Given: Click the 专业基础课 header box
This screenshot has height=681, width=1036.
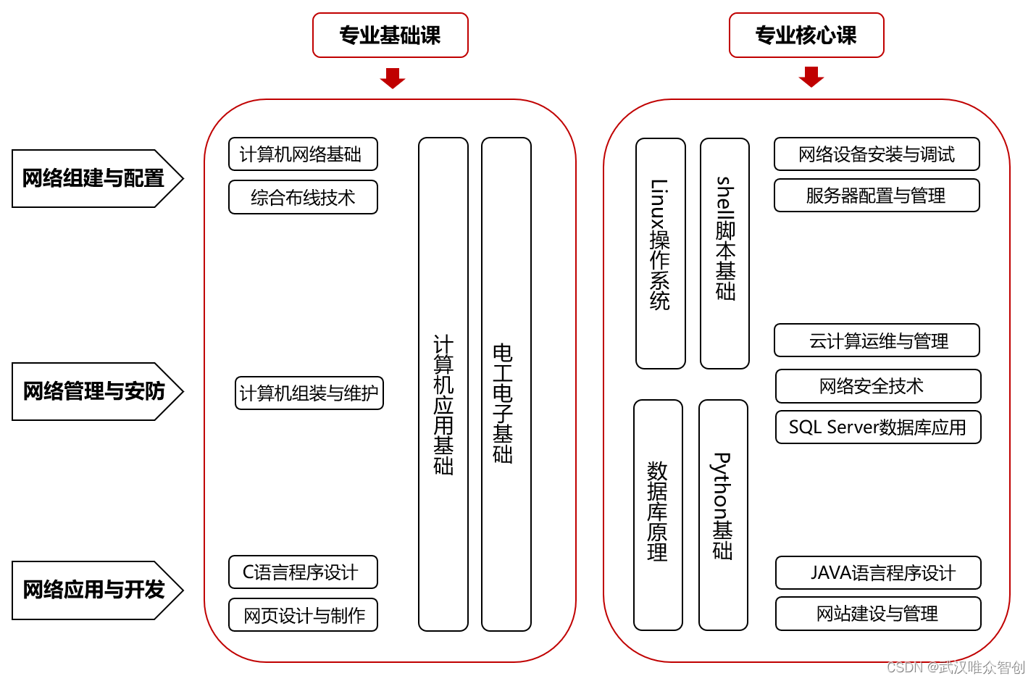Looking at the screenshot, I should (390, 35).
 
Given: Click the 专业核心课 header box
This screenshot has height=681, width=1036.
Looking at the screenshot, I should (806, 35).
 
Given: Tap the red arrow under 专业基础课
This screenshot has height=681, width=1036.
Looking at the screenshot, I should (392, 78).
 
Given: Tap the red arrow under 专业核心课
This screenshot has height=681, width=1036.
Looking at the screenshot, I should (811, 76).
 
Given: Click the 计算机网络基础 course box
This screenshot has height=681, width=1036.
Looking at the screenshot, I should (303, 154).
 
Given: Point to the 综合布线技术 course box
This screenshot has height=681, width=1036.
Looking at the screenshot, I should (303, 197).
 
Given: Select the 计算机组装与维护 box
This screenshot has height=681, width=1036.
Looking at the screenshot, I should (309, 393).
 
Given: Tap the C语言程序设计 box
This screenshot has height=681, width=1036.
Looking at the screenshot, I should (303, 572).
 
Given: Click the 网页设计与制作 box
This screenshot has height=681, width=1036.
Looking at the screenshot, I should (303, 615).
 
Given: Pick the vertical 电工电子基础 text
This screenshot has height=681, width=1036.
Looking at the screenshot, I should (504, 404).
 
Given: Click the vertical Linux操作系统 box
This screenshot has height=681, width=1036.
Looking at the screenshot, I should (660, 253).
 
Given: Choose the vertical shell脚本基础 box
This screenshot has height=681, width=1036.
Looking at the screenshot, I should (724, 253).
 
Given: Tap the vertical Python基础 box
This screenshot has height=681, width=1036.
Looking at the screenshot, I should (723, 514).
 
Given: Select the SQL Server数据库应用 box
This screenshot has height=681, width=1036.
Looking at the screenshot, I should (877, 427).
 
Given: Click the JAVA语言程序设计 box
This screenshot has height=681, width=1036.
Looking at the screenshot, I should (878, 573).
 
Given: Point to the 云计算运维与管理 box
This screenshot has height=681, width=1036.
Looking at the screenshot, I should (877, 340).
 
